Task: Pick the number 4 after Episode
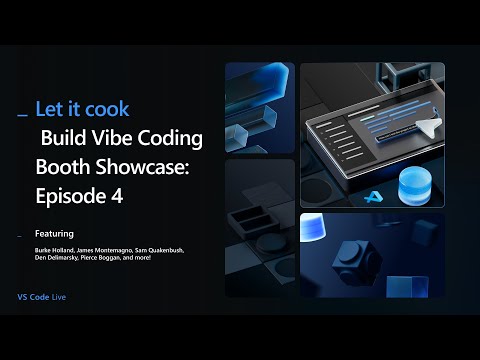[x=117, y=196]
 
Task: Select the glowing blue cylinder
[x=413, y=186]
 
